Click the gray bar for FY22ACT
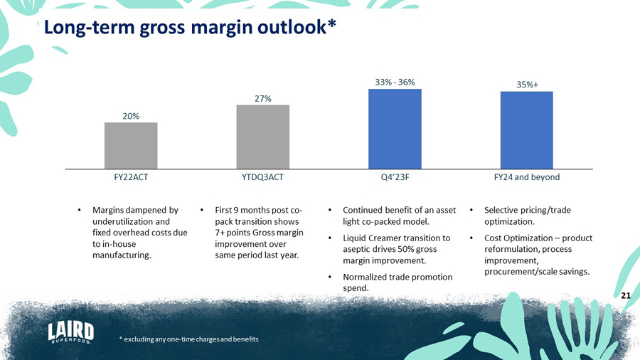pyautogui.click(x=131, y=145)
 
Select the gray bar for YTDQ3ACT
pyautogui.click(x=263, y=137)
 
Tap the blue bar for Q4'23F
pyautogui.click(x=395, y=129)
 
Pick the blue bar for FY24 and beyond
pyautogui.click(x=527, y=130)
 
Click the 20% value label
pyautogui.click(x=131, y=115)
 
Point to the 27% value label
pyautogui.click(x=263, y=98)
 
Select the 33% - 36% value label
pyautogui.click(x=395, y=82)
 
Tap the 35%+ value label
pyautogui.click(x=527, y=85)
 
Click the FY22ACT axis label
pyautogui.click(x=131, y=177)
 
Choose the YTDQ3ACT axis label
pyautogui.click(x=263, y=177)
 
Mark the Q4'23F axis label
pyautogui.click(x=395, y=177)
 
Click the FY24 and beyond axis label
pyautogui.click(x=527, y=177)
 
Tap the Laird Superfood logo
pyautogui.click(x=70, y=332)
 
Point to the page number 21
pyautogui.click(x=626, y=295)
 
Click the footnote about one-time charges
pyautogui.click(x=189, y=338)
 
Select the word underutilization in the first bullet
pyautogui.click(x=123, y=221)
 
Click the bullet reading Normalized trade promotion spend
pyautogui.click(x=397, y=282)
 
